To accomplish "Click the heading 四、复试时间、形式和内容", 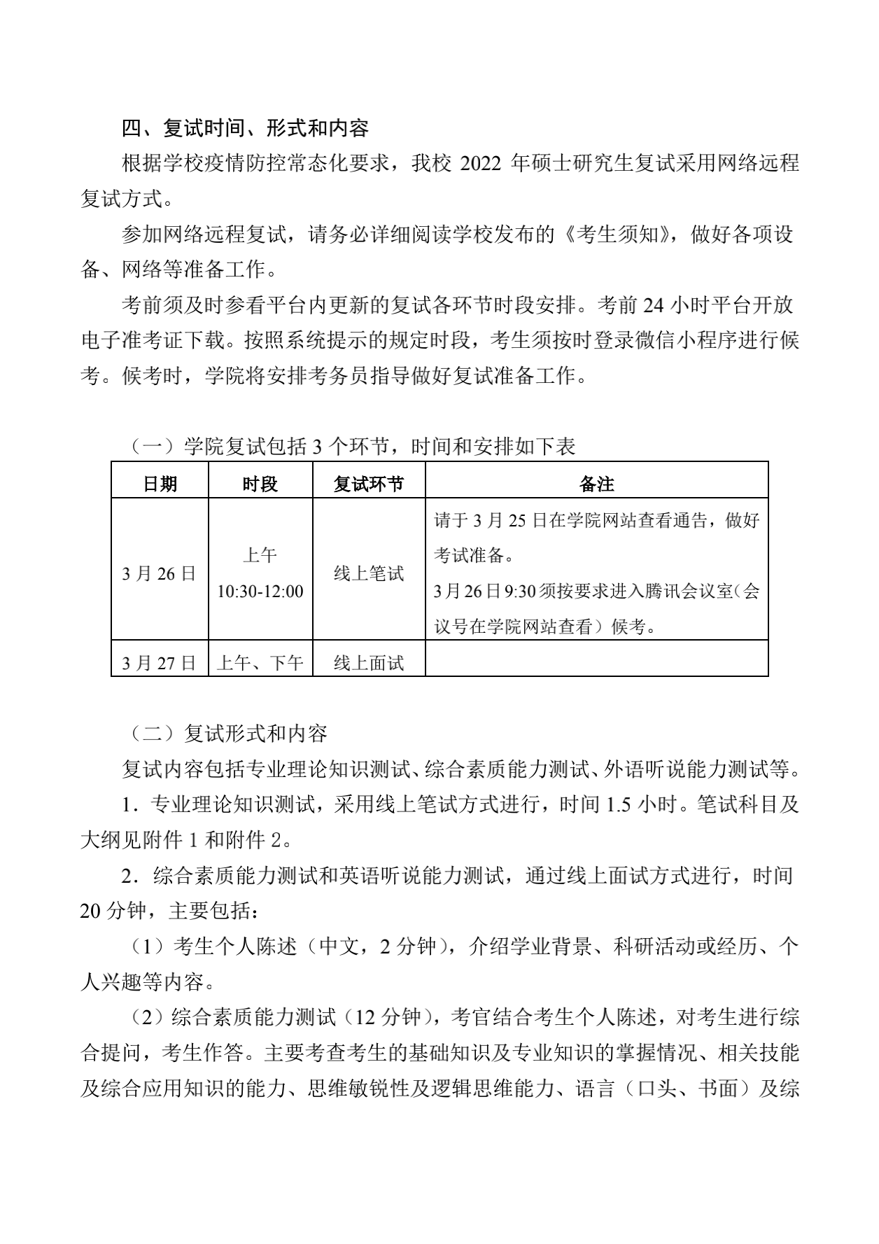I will tap(245, 129).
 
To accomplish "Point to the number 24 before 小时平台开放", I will tap(652, 306).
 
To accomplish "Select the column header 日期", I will tap(160, 484).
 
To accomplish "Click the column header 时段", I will tap(260, 484).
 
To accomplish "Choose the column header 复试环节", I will tap(368, 484).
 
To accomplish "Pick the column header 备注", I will tap(596, 484).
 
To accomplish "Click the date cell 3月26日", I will tap(160, 574).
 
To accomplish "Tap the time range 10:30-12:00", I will tap(260, 592).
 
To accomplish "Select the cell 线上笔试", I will tap(368, 574).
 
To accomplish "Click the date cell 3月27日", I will tap(160, 663).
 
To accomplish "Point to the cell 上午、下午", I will tap(260, 663).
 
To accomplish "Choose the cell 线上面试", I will tap(368, 663).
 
